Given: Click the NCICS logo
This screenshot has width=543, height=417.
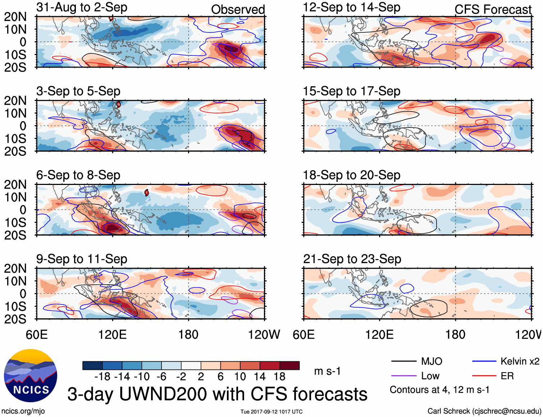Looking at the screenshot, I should tap(31, 376).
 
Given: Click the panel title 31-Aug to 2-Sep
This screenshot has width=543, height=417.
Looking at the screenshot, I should tap(82, 7).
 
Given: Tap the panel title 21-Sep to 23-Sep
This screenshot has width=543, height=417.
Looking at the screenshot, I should tap(352, 259).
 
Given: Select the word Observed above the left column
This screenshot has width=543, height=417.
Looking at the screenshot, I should tap(238, 10).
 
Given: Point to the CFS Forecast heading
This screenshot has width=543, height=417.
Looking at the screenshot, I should tap(493, 10).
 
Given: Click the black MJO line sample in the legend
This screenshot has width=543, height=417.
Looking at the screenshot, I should tap(403, 361).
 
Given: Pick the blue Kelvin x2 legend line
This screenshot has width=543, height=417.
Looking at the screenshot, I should tap(484, 361).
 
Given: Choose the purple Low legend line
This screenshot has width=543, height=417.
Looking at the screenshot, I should tap(403, 376).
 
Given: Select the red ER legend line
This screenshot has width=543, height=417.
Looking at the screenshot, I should tap(484, 376).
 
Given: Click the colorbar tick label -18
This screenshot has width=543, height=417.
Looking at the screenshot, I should tap(102, 377).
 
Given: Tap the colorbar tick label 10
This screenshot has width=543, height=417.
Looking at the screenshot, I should tap(240, 377).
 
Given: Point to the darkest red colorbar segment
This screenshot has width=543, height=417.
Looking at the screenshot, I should tap(289, 366).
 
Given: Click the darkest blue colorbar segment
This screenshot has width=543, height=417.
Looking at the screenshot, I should tap(92, 366).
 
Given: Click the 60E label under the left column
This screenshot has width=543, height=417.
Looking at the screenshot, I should tap(37, 335).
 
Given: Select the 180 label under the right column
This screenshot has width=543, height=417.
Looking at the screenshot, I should tap(455, 335).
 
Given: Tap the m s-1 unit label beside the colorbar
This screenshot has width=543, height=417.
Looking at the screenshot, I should tap(327, 371).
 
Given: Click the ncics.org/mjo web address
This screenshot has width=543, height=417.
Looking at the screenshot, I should tap(23, 411).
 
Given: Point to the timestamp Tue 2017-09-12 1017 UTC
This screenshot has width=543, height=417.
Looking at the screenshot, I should tap(271, 412).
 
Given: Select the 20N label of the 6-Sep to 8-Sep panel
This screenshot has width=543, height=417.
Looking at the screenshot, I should tap(15, 185).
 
